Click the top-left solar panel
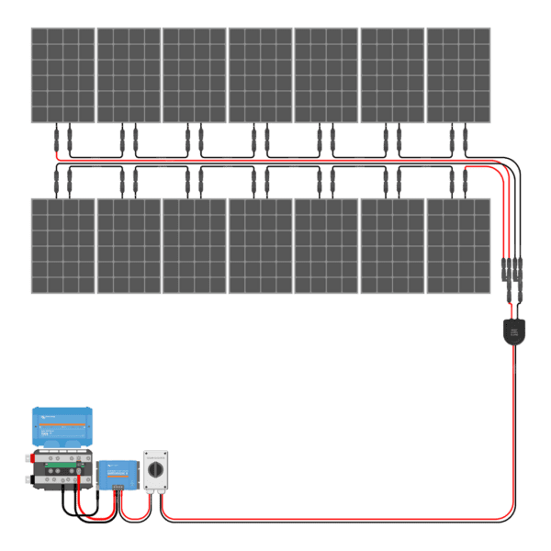[x=62, y=74]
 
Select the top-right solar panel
[x=458, y=74]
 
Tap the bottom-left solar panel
[x=62, y=245]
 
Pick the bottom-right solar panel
[x=458, y=245]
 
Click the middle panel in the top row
[x=260, y=74]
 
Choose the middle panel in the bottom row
[x=260, y=245]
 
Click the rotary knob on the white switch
[x=154, y=469]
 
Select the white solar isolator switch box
[x=154, y=470]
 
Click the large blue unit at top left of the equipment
[x=62, y=427]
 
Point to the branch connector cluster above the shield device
[x=511, y=272]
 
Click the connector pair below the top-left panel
[x=62, y=140]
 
